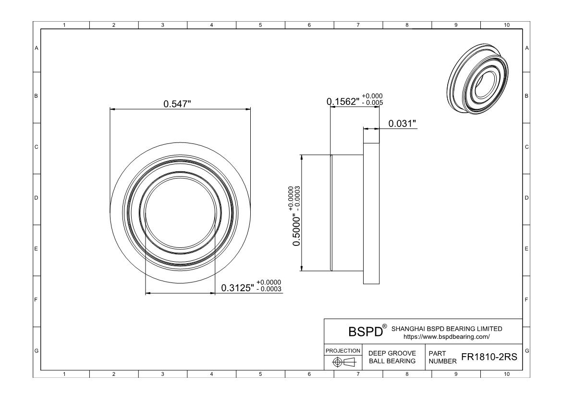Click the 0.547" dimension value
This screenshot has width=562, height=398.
177,104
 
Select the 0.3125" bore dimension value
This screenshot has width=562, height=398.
238,288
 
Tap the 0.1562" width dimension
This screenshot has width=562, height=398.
343,102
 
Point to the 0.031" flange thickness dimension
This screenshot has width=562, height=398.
402,124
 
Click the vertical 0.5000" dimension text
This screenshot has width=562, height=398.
296,230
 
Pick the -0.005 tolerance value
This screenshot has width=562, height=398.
372,103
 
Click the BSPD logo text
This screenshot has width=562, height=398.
366,332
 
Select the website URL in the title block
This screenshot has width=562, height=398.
447,337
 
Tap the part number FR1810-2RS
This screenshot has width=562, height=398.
489,357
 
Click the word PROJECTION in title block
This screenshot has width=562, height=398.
343,350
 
